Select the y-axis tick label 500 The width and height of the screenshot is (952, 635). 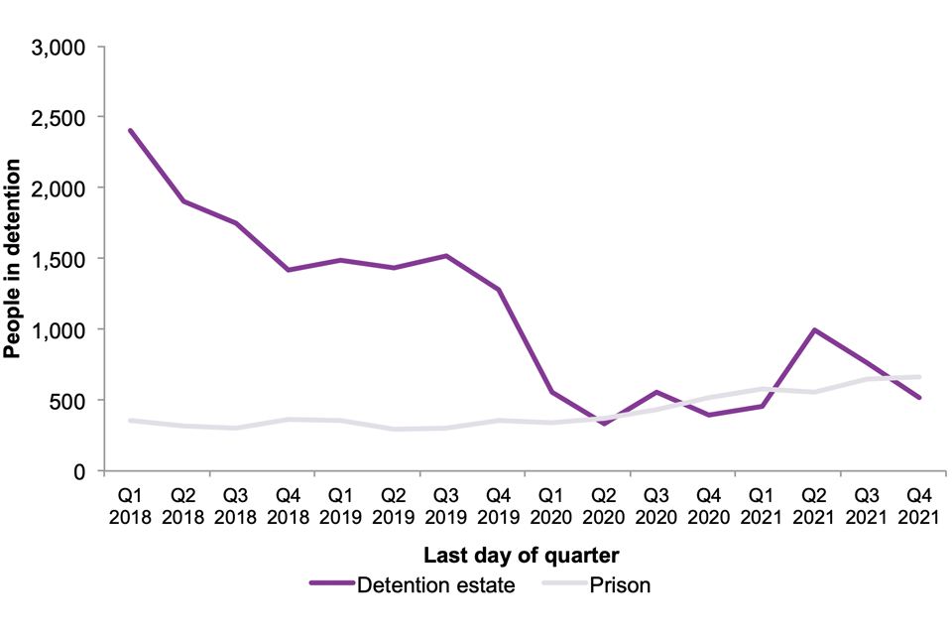tap(70, 400)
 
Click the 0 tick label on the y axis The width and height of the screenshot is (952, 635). tap(82, 470)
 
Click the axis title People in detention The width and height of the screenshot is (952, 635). tap(14, 258)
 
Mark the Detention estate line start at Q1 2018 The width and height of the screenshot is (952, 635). tap(131, 131)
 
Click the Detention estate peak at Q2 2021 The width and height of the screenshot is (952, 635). tap(814, 330)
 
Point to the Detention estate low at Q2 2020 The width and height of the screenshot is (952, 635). tap(604, 424)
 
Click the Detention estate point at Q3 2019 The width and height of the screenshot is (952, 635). tap(446, 256)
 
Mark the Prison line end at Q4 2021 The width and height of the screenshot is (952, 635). tap(919, 377)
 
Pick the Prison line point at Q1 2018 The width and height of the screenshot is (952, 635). tap(131, 421)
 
